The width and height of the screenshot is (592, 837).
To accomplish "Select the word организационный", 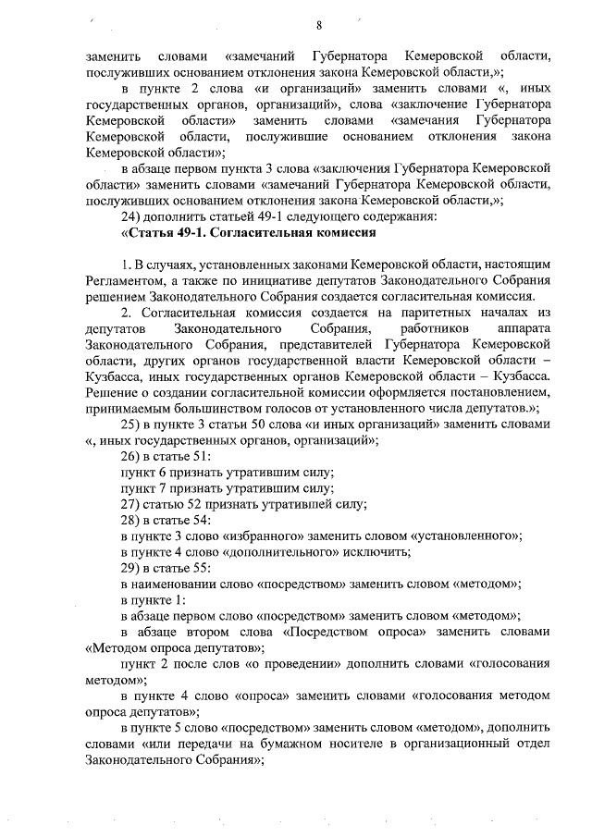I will tap(453, 744).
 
